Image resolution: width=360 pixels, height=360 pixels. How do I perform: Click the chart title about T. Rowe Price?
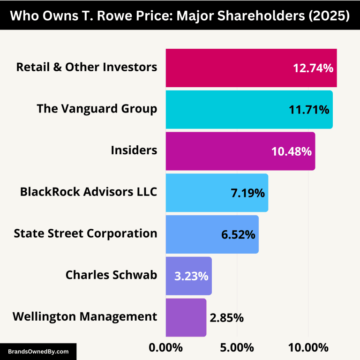coord(180,15)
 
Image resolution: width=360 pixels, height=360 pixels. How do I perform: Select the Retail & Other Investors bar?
coord(225,68)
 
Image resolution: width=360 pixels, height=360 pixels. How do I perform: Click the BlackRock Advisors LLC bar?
coord(197,193)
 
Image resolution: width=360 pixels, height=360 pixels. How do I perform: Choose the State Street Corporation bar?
coord(192,234)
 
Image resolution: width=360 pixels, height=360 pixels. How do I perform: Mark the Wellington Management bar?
coord(186,317)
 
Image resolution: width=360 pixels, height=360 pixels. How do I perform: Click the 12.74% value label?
coord(313,68)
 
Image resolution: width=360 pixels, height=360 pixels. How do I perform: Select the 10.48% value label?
coord(291,151)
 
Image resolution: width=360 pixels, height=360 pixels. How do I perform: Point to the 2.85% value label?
coord(227,318)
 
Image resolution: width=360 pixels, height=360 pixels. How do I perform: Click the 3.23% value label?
coord(191,276)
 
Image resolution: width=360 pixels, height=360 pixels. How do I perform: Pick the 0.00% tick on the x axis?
coord(165,348)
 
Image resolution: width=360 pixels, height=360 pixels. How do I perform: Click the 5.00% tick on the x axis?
coord(237,348)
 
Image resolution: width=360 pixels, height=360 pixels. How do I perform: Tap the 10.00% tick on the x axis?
coord(308,348)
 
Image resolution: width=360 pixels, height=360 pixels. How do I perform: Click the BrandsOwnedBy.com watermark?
coord(38,351)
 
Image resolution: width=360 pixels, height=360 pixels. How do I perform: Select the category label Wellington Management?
coord(85,316)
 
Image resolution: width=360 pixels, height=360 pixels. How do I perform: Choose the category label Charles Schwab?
coord(111,275)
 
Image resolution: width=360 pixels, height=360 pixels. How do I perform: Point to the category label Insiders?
coord(134,150)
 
